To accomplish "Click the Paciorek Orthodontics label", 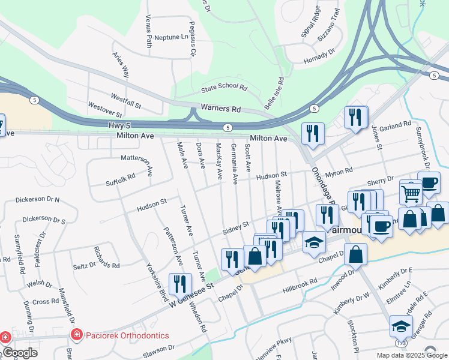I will (127, 335).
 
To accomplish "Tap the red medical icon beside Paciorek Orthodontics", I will (76, 335).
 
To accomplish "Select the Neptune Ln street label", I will (171, 37).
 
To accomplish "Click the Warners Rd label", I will (220, 109).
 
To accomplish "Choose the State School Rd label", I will (224, 87).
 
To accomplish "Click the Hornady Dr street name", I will (319, 53).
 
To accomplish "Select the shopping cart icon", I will (411, 193).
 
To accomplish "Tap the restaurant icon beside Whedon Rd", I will (180, 283).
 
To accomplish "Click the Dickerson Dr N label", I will (37, 198).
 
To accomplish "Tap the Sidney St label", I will (236, 227).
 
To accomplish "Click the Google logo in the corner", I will (20, 353).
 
